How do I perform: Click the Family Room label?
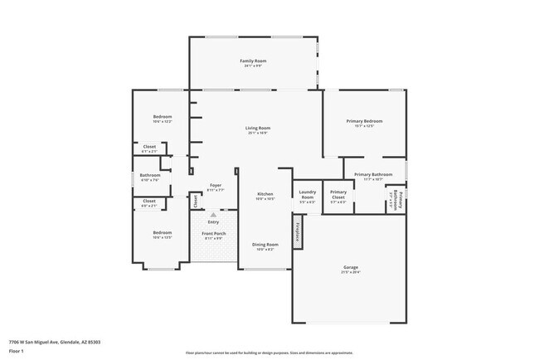[x=253, y=61]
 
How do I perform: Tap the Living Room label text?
[x=258, y=128]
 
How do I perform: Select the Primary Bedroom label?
[x=364, y=121]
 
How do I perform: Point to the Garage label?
[x=351, y=267]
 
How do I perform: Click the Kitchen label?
[x=265, y=193]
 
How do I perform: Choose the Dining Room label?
[x=265, y=245]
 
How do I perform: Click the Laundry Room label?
[x=307, y=196]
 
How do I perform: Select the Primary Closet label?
[x=338, y=195]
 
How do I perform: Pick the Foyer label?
[x=215, y=185]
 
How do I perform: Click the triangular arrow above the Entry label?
[x=213, y=214]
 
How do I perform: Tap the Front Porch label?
[x=214, y=234]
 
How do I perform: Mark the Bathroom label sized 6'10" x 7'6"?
[x=149, y=175]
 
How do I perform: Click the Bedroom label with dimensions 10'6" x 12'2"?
[x=162, y=117]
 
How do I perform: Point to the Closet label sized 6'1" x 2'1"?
[x=149, y=147]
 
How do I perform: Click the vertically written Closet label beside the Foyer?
[x=196, y=200]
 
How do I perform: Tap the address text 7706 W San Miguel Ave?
[x=49, y=341]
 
